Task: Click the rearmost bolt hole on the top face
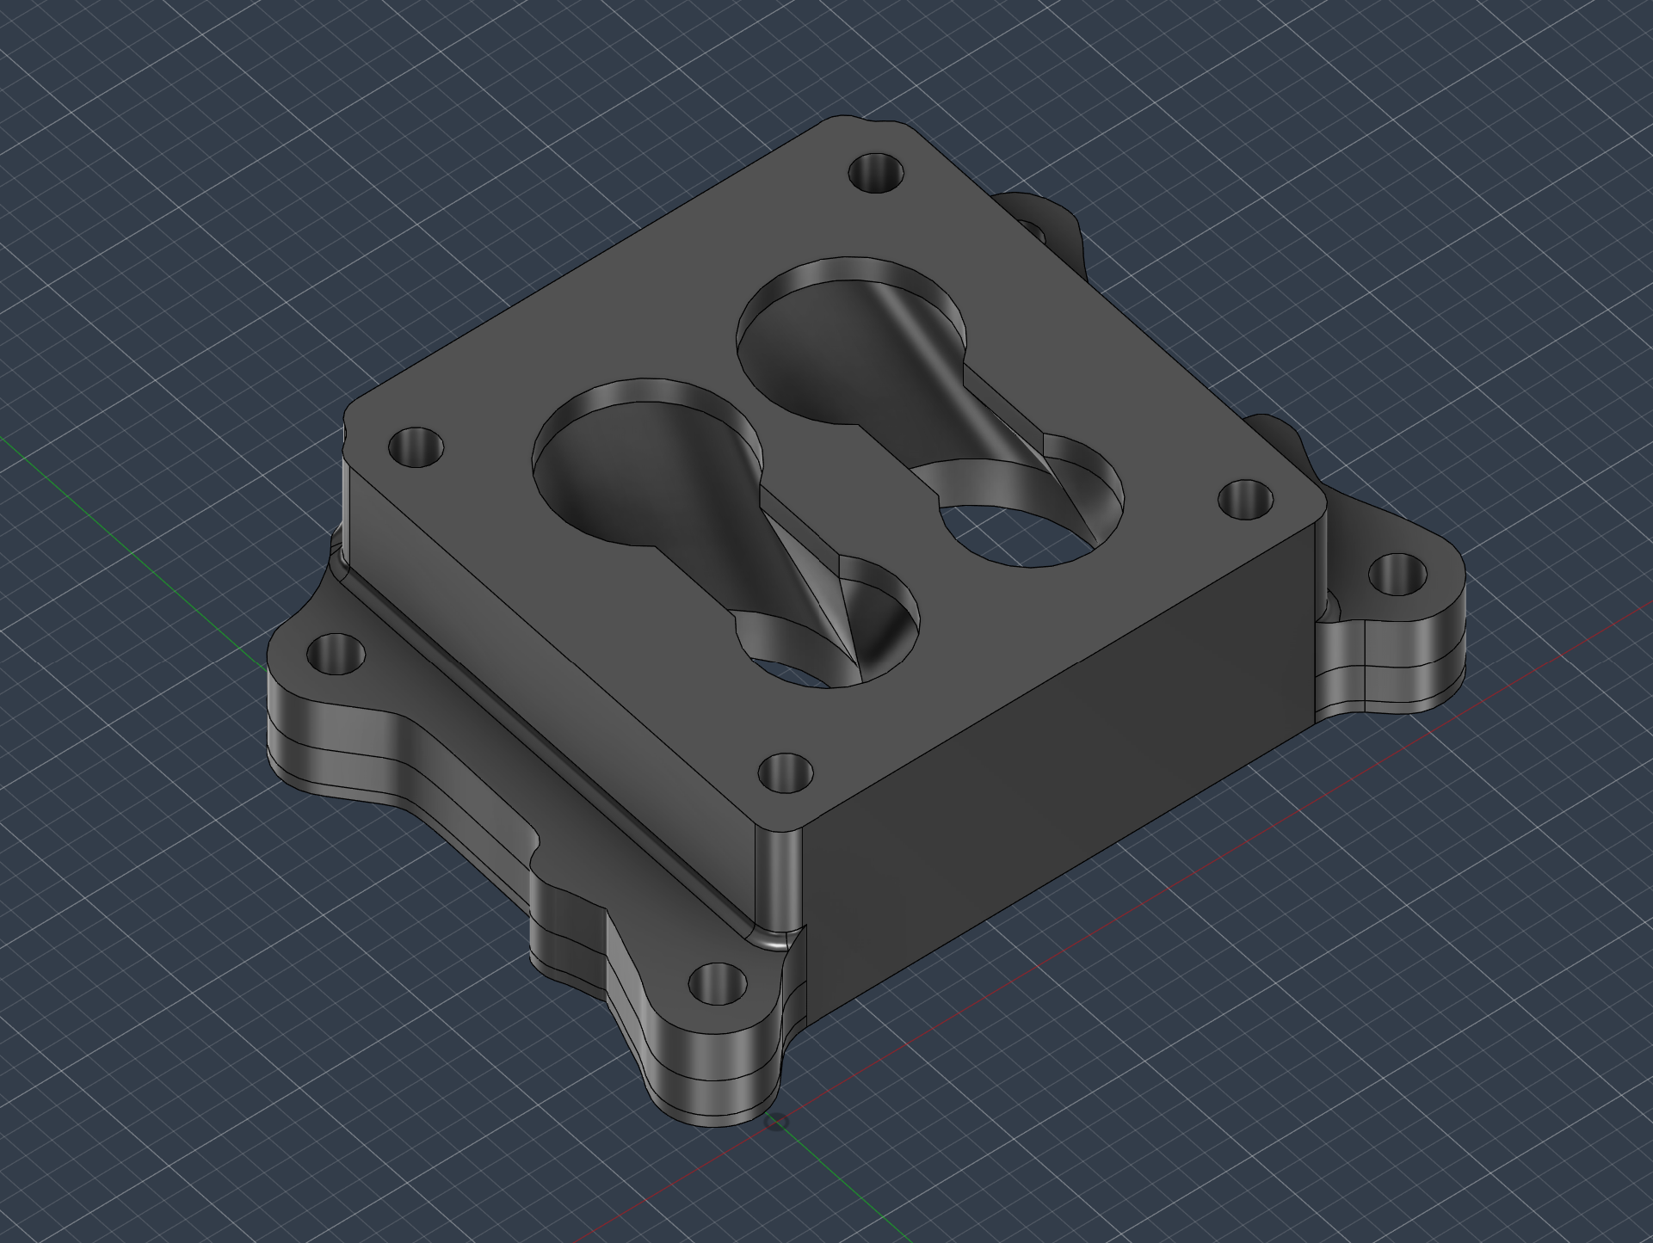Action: point(876,172)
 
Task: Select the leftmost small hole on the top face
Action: point(416,447)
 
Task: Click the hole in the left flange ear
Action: point(336,655)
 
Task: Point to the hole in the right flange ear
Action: point(1396,574)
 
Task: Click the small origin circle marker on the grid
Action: point(776,1122)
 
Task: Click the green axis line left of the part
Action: point(129,551)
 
